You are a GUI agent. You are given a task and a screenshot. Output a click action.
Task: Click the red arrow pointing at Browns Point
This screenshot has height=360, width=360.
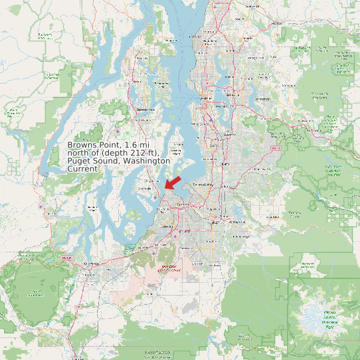point(173,181)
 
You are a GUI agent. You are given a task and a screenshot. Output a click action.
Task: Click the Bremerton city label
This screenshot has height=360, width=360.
point(145,109)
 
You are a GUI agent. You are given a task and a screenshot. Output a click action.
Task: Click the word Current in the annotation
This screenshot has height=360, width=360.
point(83,169)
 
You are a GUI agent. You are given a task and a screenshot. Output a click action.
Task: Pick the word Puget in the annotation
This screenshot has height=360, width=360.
point(79,161)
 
